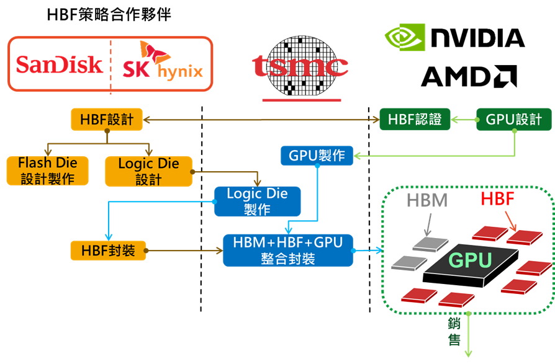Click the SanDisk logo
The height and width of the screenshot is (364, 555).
pos(59,64)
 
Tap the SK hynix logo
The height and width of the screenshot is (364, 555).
pos(163,60)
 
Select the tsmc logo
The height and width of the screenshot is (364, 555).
pos(300,67)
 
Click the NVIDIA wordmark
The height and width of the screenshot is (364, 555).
pos(478,37)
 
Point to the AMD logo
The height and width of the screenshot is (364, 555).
pos(469,76)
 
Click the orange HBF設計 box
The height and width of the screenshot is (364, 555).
pos(107,120)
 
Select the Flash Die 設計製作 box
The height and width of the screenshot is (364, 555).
pos(47,171)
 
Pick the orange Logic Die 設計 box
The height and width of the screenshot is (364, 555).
pos(148,171)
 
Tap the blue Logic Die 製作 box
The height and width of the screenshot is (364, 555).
pos(258,202)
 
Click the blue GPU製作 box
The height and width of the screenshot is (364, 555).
pos(317,156)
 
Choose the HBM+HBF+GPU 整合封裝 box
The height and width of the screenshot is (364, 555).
pos(288,250)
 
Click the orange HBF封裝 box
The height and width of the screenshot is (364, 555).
pos(108,251)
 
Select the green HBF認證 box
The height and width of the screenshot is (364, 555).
pos(415,120)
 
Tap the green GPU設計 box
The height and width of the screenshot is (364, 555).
pos(514,120)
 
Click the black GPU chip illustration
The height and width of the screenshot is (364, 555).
pos(471,264)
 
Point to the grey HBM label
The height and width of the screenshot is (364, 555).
pos(427,200)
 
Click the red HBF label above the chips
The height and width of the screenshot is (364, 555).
pos(497,198)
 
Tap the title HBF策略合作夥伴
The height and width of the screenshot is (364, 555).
pos(109,15)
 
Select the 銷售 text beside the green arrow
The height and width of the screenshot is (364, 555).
pos(454,332)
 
